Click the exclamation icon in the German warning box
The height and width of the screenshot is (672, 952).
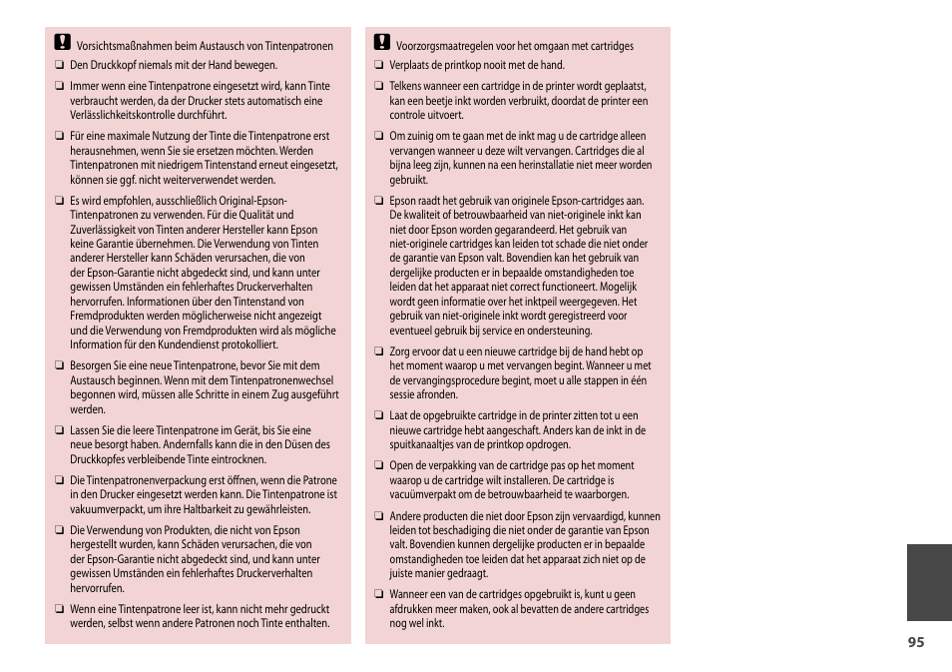[x=62, y=43]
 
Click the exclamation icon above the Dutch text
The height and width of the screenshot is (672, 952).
[x=382, y=43]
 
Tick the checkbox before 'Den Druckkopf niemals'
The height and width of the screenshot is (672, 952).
[x=59, y=66]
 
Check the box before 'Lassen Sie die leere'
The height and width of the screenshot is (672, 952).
[x=59, y=430]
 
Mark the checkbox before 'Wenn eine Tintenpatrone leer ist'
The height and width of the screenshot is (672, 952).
[x=59, y=609]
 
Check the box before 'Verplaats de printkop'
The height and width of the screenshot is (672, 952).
[x=379, y=66]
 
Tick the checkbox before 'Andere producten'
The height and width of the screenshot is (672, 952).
[x=379, y=516]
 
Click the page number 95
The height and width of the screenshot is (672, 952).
[x=916, y=642]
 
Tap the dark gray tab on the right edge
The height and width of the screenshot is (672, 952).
[x=929, y=582]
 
